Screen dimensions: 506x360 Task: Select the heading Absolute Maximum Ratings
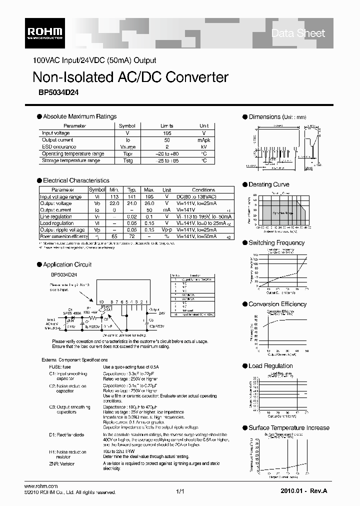pyautogui.click(x=79, y=116)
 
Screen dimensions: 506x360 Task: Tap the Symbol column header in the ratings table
pyautogui.click(x=127, y=126)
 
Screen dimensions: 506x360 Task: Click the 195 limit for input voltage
pyautogui.click(x=166, y=133)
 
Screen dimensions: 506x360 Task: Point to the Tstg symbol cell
pyautogui.click(x=127, y=160)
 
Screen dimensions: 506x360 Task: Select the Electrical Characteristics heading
pyautogui.click(x=76, y=180)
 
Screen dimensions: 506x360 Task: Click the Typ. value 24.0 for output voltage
pyautogui.click(x=132, y=203)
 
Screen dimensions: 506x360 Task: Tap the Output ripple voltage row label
pyautogui.click(x=62, y=229)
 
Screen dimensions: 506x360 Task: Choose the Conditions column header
pyautogui.click(x=203, y=190)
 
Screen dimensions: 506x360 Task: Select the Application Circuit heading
pyautogui.click(x=67, y=264)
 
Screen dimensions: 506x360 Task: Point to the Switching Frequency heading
pyautogui.click(x=276, y=243)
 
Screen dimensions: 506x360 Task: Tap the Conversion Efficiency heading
pyautogui.click(x=277, y=304)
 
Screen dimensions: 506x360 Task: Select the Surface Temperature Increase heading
pyautogui.click(x=289, y=427)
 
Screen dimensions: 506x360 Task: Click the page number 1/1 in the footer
pyautogui.click(x=180, y=492)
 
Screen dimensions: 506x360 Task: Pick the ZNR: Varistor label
pyautogui.click(x=61, y=463)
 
